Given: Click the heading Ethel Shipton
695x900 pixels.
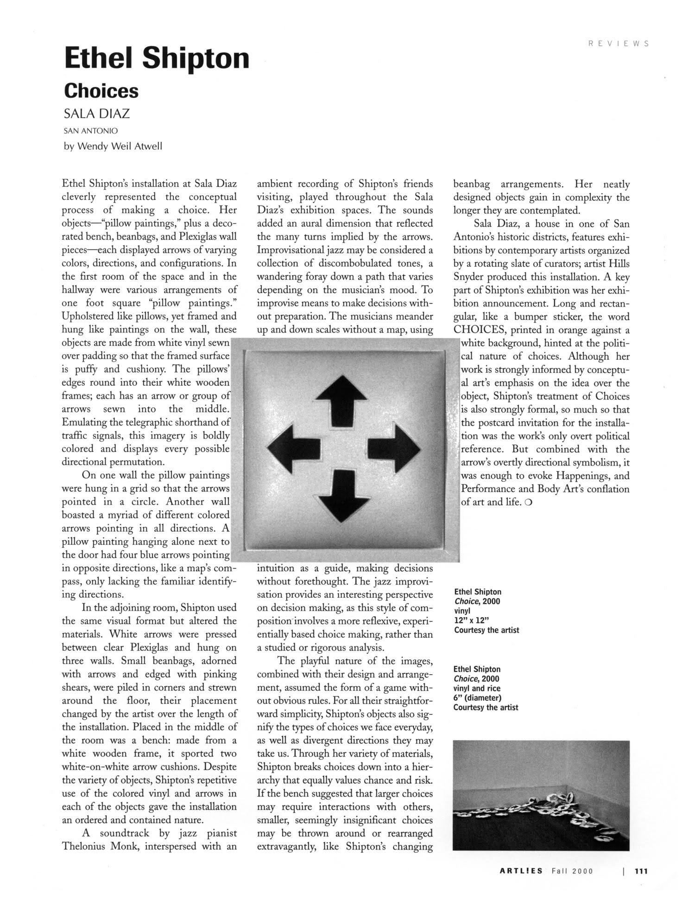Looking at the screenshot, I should pyautogui.click(x=157, y=59).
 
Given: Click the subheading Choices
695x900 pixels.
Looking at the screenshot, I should pyautogui.click(x=101, y=90).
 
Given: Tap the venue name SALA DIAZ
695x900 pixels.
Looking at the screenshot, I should pyautogui.click(x=97, y=114).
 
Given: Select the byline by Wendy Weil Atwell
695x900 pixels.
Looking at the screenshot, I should pyautogui.click(x=113, y=146).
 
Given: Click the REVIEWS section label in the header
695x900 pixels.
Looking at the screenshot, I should pyautogui.click(x=618, y=44).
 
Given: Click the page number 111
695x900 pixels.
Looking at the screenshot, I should pyautogui.click(x=641, y=871).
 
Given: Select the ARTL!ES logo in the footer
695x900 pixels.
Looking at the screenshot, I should pyautogui.click(x=521, y=871).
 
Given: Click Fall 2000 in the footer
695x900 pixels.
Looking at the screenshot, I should pyautogui.click(x=572, y=871).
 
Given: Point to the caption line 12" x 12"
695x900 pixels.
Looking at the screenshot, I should pyautogui.click(x=472, y=620).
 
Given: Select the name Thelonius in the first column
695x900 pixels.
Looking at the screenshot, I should pyautogui.click(x=83, y=846).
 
